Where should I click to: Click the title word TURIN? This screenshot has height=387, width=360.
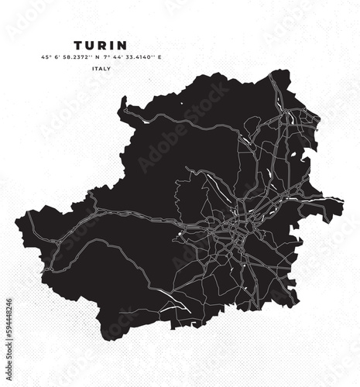101,46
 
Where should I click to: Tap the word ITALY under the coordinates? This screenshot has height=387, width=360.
101,69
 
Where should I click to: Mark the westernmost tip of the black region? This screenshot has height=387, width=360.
15,211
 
